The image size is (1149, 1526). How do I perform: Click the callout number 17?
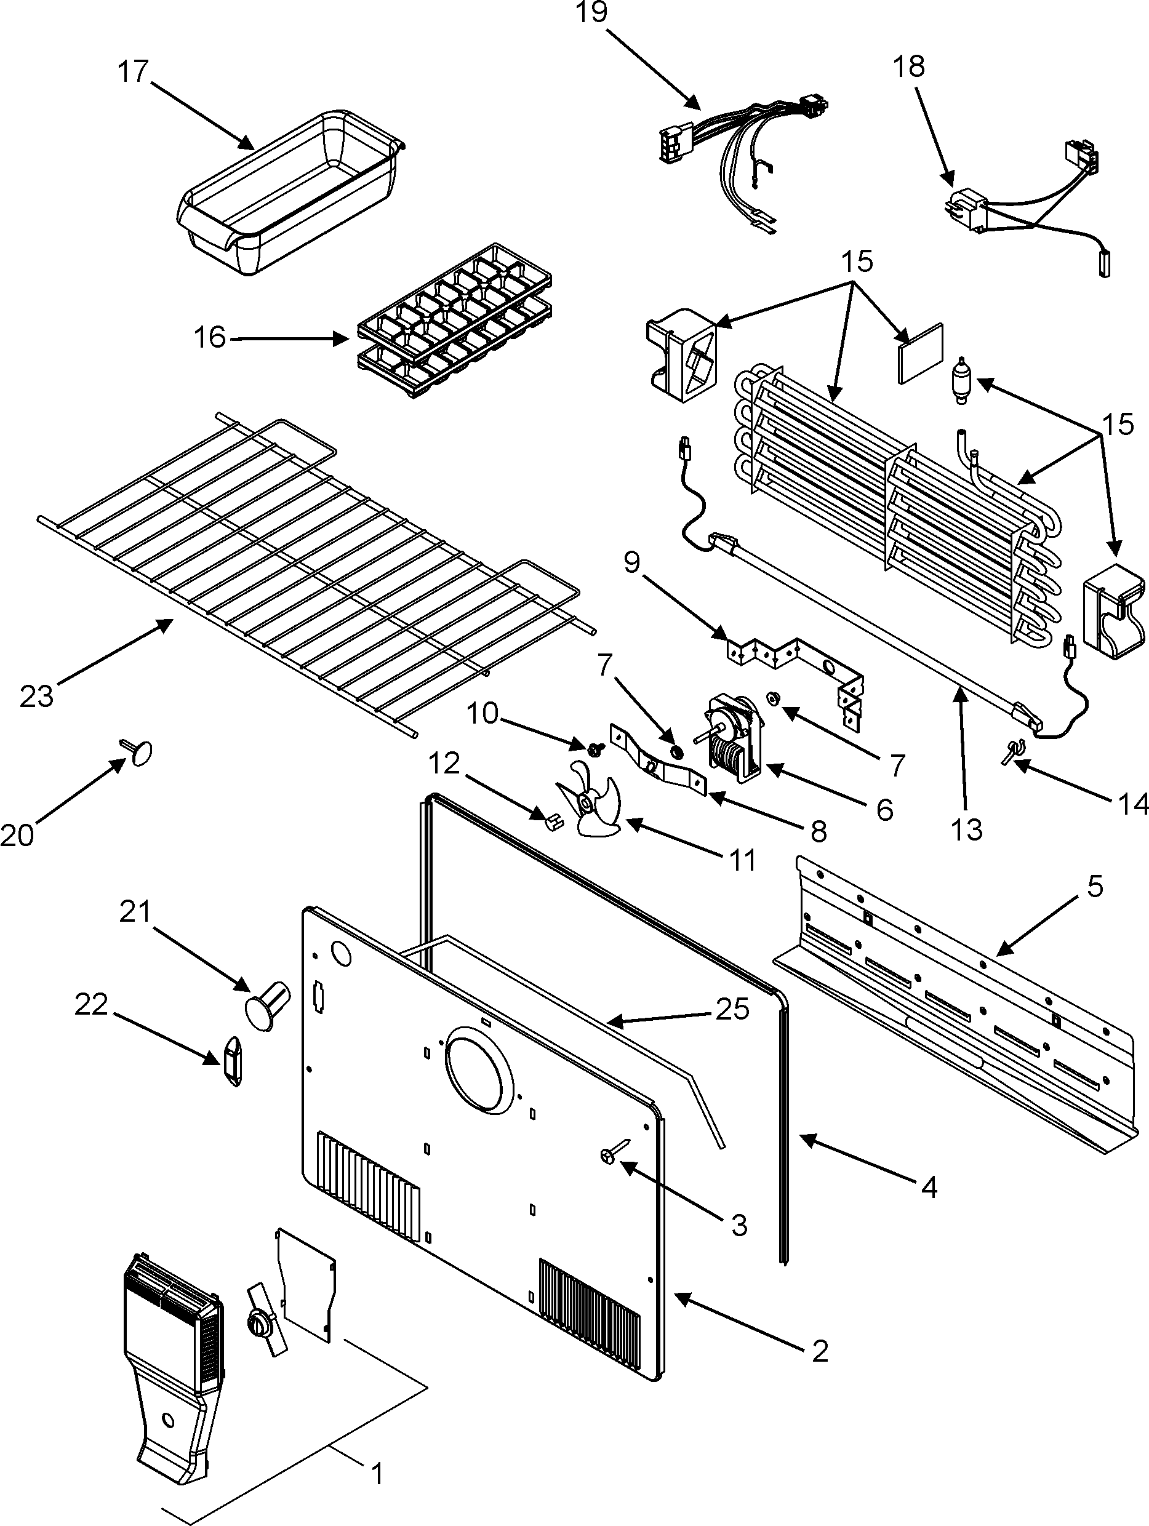(x=133, y=72)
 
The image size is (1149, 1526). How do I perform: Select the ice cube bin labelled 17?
(x=290, y=193)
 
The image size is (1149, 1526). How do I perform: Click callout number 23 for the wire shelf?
(x=36, y=696)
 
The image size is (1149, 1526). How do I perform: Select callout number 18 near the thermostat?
(x=909, y=67)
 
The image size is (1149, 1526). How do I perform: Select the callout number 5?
(x=1094, y=886)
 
